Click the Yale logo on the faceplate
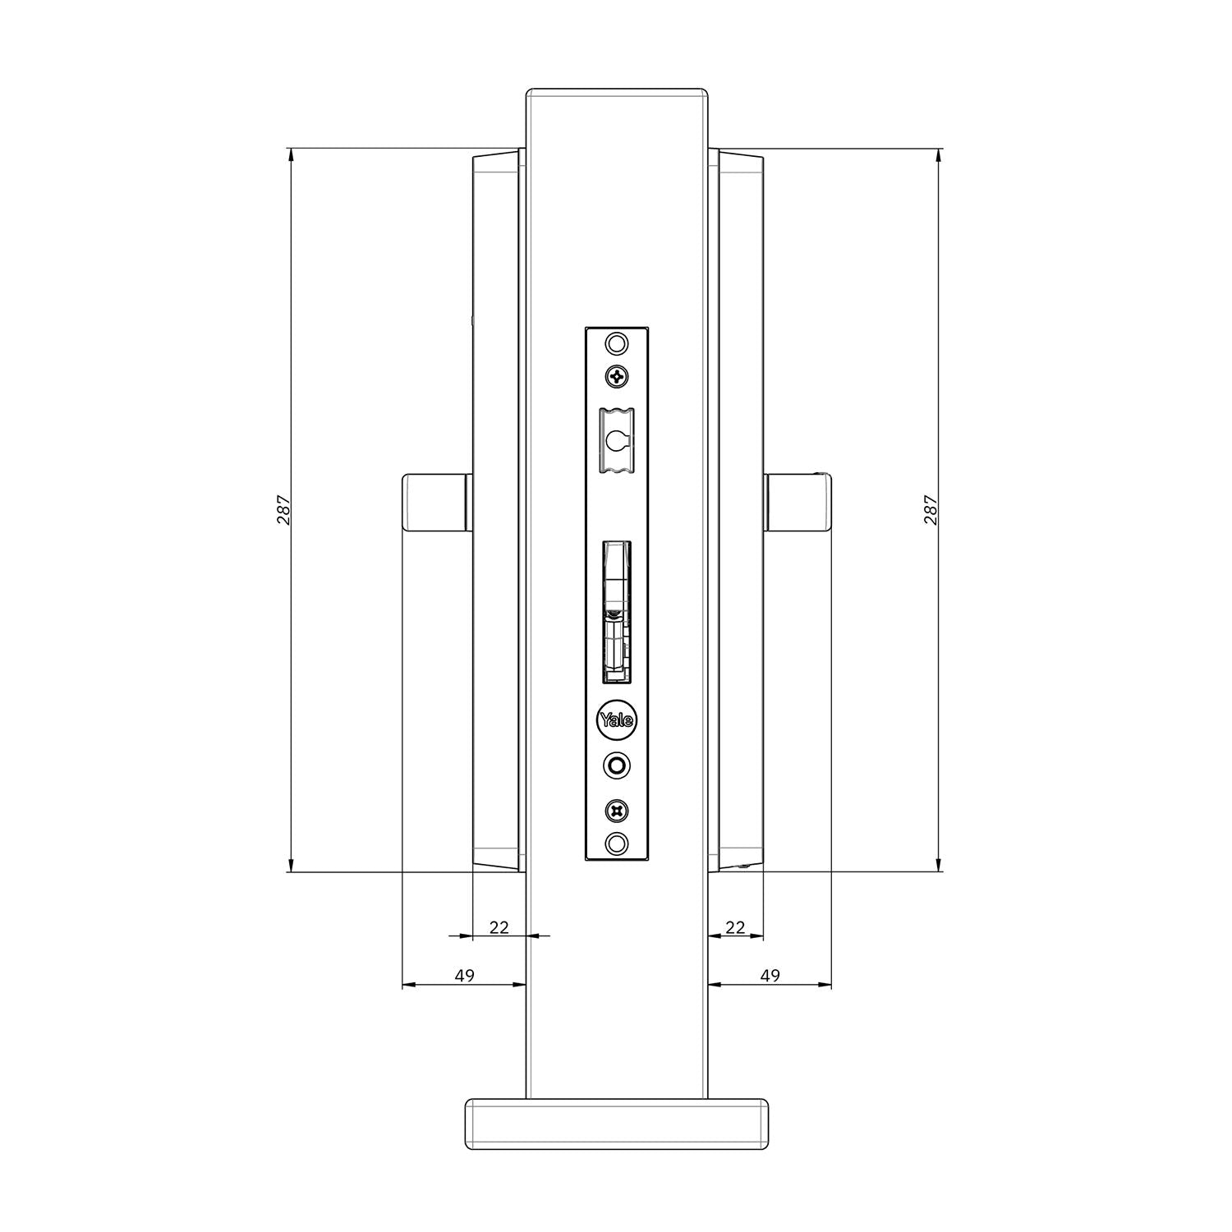[616, 720]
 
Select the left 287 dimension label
[283, 510]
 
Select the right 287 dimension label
[931, 510]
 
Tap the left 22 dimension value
[499, 927]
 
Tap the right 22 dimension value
[736, 927]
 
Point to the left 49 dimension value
[465, 976]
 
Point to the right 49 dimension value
[770, 976]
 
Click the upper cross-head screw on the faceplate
[616, 376]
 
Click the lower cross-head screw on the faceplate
[616, 811]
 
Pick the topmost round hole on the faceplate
[616, 342]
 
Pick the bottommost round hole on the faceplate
[616, 843]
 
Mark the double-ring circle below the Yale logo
[616, 765]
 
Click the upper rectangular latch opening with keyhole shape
[616, 441]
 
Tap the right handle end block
[798, 503]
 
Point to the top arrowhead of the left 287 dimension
[290, 153]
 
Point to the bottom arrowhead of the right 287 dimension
[939, 867]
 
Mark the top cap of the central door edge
[617, 91]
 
